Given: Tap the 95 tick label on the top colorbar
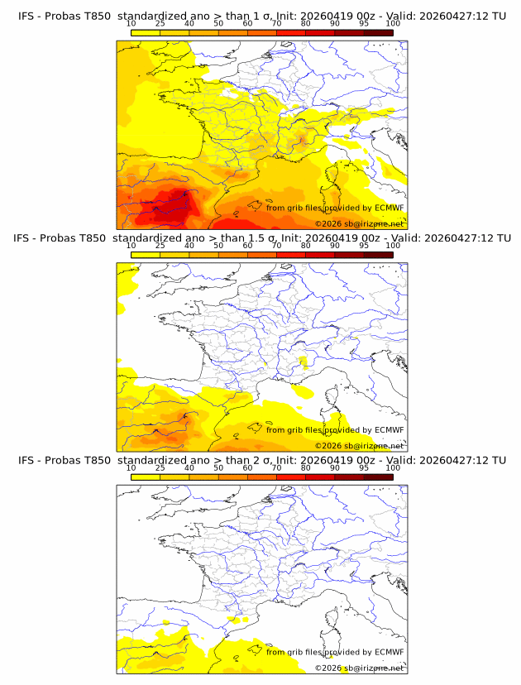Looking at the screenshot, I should point(364,23).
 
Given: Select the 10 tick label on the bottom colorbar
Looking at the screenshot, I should point(131,468).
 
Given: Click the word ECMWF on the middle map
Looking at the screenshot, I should point(389,430).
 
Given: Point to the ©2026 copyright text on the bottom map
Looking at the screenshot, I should point(328,668).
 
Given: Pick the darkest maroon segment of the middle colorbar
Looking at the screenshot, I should point(378,254).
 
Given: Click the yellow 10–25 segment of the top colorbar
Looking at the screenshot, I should point(146,32).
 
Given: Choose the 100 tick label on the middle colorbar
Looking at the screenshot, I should point(393,246).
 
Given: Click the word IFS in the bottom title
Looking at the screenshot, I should point(28,460).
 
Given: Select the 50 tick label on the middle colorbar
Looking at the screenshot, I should point(218,246).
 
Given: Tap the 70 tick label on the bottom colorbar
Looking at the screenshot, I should point(276,468).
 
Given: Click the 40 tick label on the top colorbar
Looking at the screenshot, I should point(189,23).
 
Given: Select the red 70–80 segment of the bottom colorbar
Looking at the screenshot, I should point(291,477).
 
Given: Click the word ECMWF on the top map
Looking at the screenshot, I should point(389,208).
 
